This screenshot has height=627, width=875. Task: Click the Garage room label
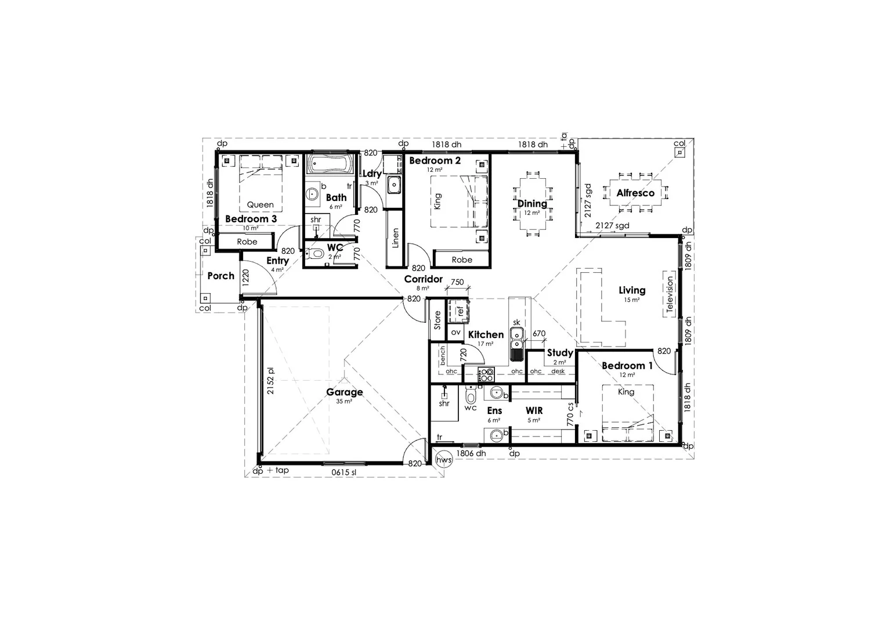[x=345, y=392]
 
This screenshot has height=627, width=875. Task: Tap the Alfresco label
[x=635, y=193]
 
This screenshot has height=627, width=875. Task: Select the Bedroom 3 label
[x=251, y=219]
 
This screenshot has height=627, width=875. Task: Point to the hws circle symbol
[x=444, y=460]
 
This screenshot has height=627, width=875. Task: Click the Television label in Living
[x=670, y=294]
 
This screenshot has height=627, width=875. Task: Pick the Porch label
[x=221, y=276]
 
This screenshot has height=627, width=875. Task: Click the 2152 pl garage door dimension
[x=270, y=380]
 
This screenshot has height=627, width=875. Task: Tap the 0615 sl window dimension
[x=344, y=472]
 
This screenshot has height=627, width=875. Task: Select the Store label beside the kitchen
[x=437, y=320]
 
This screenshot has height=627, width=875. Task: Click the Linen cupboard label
[x=396, y=238]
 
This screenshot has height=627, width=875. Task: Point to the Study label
[x=560, y=353]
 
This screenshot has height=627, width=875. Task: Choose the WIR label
[x=534, y=410]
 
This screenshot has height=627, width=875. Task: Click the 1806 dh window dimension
[x=471, y=453]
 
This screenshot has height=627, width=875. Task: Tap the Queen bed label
[x=260, y=204]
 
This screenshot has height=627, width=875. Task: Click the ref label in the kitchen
[x=461, y=311]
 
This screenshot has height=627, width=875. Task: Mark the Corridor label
[x=424, y=279]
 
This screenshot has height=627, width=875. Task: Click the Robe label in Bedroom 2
[x=462, y=260]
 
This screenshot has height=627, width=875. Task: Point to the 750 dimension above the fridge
[x=457, y=282]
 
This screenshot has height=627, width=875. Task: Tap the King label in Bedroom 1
[x=626, y=392]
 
